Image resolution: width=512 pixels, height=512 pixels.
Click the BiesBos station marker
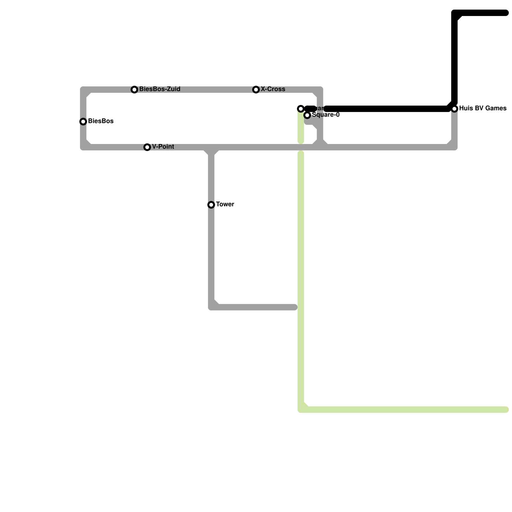[83, 122]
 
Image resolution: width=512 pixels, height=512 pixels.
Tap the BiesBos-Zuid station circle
[134, 90]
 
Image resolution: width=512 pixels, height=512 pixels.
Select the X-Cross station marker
[256, 90]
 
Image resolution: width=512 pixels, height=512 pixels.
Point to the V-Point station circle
[147, 147]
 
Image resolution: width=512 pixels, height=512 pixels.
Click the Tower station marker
[211, 205]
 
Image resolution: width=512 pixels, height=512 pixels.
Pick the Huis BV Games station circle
[454, 109]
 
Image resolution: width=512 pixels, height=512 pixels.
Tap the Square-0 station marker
[307, 115]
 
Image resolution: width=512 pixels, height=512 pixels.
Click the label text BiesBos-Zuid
[160, 89]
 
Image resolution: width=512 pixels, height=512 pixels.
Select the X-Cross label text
[273, 89]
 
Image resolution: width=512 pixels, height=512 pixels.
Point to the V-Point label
[163, 147]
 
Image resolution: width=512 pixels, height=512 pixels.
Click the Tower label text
[225, 204]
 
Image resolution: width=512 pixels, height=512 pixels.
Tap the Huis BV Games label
[483, 108]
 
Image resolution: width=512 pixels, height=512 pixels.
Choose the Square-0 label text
[325, 115]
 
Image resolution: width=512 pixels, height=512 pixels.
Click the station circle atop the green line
[301, 109]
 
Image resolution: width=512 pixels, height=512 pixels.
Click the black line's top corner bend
[455, 13]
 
